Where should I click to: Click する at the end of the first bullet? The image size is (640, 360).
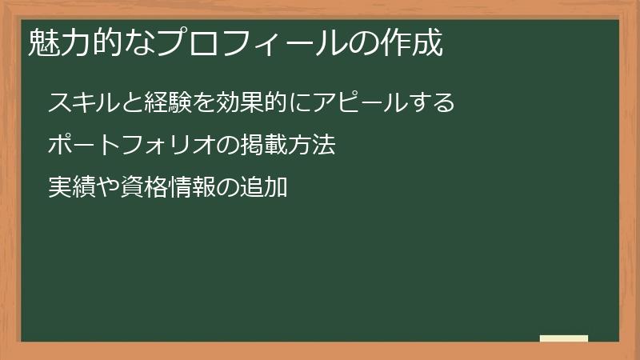pos(432,103)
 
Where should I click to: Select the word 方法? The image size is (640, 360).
pos(308,146)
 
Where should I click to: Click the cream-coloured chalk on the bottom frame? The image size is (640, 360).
pos(564,338)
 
